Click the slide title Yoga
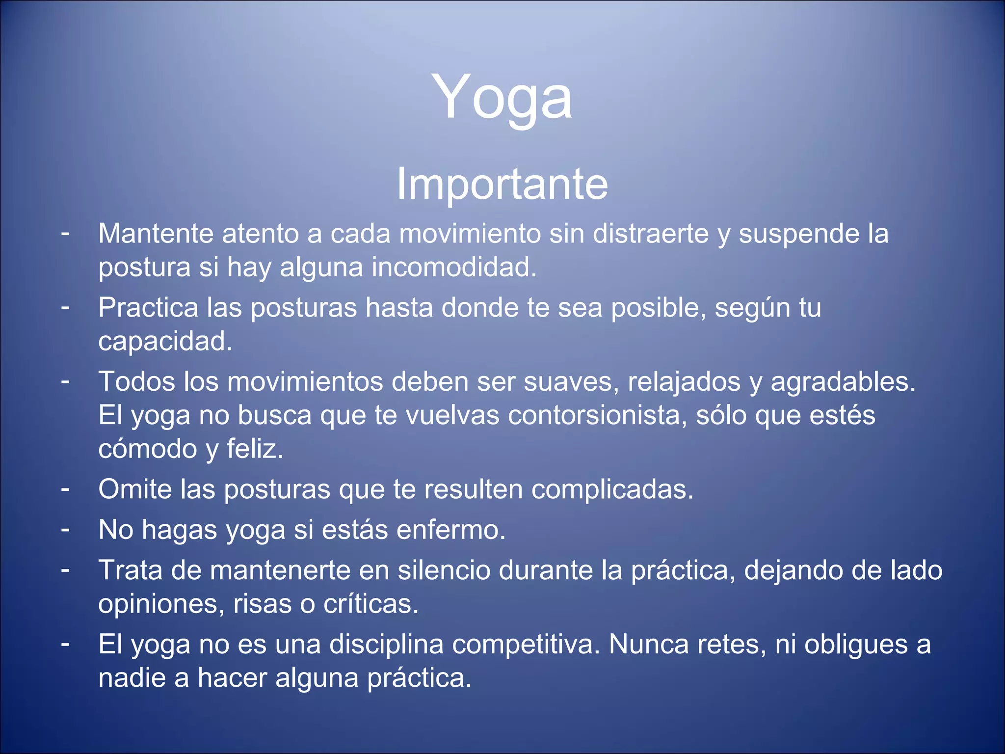click(x=502, y=97)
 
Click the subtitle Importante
click(x=502, y=184)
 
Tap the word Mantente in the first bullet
click(x=156, y=233)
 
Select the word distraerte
click(x=651, y=233)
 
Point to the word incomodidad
click(x=454, y=268)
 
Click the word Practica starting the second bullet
click(x=148, y=308)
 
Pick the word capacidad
click(x=165, y=342)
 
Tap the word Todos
click(x=137, y=381)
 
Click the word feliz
click(x=255, y=449)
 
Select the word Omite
click(x=135, y=489)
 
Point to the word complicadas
click(x=612, y=489)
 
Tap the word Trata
click(x=131, y=570)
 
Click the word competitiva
click(x=526, y=645)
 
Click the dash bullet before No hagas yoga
click(x=65, y=529)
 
